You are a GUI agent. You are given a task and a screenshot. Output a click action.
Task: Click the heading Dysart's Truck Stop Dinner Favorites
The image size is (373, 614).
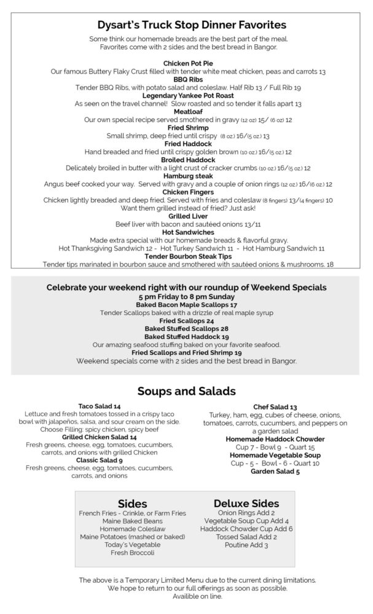click(186, 25)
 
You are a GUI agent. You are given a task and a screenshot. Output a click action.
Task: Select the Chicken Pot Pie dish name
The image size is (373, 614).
click(186, 63)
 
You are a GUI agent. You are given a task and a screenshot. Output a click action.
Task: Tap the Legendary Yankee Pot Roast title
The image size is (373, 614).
click(186, 96)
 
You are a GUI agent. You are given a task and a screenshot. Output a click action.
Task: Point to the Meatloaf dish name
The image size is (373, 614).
click(186, 112)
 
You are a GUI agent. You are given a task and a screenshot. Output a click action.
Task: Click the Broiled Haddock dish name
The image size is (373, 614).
click(186, 160)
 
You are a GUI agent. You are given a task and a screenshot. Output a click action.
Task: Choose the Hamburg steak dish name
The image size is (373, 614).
click(186, 176)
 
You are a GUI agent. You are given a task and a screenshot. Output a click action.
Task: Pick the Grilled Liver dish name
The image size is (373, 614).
click(186, 216)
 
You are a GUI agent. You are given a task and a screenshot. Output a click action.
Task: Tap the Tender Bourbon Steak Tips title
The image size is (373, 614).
click(186, 256)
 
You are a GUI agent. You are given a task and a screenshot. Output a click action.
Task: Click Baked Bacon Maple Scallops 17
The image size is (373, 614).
click(186, 305)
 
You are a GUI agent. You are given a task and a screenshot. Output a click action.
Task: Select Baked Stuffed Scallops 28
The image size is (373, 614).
click(186, 328)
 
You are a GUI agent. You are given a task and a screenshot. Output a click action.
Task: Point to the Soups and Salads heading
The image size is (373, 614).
click(186, 391)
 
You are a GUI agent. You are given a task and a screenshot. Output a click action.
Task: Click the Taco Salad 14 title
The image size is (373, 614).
click(100, 406)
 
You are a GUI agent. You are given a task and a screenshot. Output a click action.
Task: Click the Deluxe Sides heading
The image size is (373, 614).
click(246, 503)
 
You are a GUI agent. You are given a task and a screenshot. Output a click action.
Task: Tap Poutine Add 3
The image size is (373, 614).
click(246, 545)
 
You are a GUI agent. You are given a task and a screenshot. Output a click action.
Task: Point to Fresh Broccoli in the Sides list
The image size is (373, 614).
click(132, 553)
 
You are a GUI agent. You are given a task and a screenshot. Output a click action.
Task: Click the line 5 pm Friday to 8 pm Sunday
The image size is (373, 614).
click(186, 297)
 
